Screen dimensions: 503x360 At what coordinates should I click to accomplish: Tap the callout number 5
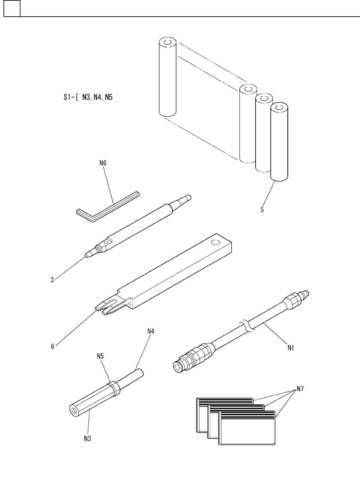point(262,210)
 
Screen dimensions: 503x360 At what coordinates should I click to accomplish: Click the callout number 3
point(52,280)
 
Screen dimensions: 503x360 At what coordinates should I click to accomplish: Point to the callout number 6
point(53,346)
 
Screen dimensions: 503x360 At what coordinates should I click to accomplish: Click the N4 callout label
point(150,331)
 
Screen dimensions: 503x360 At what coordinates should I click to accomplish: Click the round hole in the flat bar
point(216,243)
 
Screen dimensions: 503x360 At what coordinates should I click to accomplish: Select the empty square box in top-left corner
point(12,8)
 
